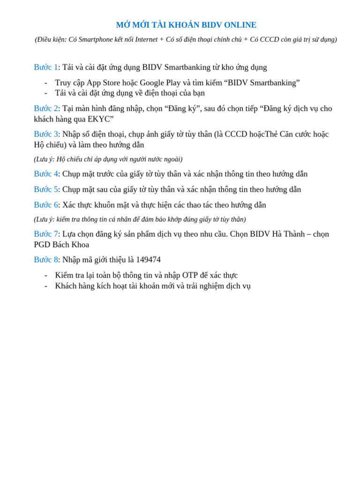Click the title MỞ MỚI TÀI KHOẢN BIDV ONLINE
[186, 25]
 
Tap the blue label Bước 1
[45, 67]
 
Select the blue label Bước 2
[45, 109]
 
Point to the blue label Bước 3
[45, 135]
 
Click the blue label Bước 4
[45, 174]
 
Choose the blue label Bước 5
[45, 190]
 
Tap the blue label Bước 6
[45, 205]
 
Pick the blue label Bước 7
[45, 234]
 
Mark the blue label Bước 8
[45, 260]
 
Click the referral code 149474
[148, 260]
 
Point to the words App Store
[104, 83]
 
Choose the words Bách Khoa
[71, 245]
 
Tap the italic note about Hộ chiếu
[108, 159]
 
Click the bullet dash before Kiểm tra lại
[46, 276]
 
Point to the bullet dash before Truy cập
[46, 83]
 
